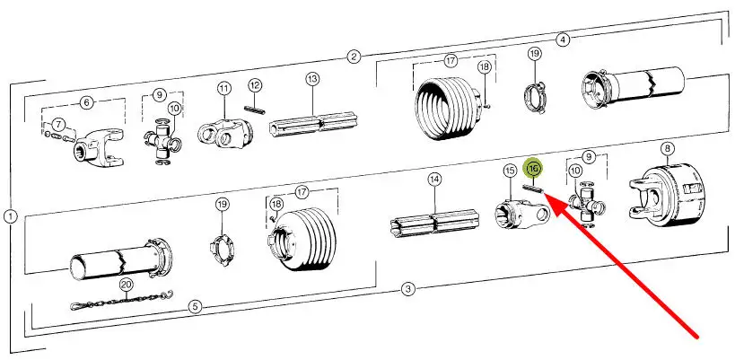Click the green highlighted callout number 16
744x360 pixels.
533,168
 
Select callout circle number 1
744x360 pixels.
10,216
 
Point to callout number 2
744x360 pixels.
354,57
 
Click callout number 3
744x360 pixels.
408,289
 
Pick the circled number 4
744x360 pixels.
563,40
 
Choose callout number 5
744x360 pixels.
195,307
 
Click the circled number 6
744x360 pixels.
86,102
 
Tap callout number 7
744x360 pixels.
58,125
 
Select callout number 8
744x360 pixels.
667,149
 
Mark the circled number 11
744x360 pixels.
223,88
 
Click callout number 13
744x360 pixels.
312,79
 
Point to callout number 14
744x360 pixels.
434,180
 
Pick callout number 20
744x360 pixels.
126,285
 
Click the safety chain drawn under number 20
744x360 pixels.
122,301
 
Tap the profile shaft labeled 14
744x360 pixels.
434,222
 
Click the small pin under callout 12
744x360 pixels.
254,110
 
